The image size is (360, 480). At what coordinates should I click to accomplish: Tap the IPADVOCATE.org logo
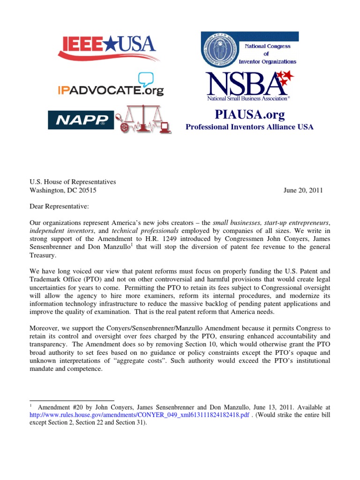pos(111,89)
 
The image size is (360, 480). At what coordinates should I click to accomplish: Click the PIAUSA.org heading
pos(249,115)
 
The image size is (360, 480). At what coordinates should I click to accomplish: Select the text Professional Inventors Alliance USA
pos(249,127)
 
